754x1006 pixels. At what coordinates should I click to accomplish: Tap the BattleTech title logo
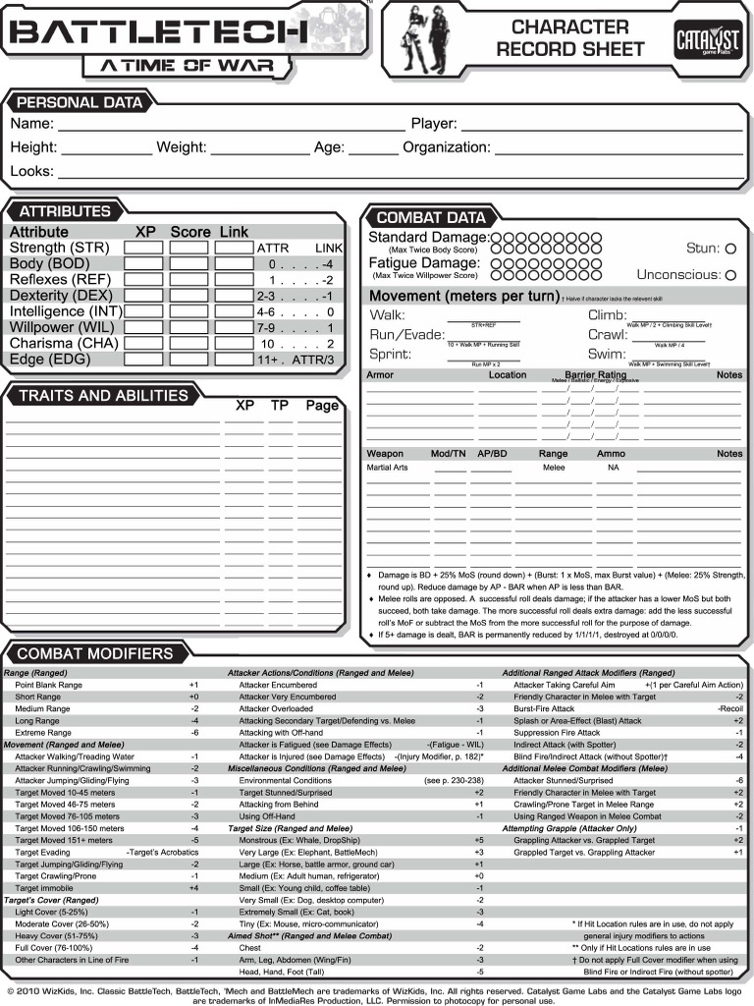(167, 34)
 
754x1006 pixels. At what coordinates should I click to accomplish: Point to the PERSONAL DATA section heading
(80, 102)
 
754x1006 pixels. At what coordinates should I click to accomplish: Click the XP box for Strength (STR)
(143, 249)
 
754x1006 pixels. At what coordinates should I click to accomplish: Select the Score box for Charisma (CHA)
(188, 344)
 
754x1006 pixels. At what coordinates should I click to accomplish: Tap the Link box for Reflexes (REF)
(234, 280)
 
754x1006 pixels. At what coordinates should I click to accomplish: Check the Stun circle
(729, 250)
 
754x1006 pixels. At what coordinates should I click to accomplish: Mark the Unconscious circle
(729, 276)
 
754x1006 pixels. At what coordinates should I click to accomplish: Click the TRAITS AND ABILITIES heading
(102, 396)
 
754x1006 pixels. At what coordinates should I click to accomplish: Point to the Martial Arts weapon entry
(387, 468)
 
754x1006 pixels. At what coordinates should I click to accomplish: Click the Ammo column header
(611, 454)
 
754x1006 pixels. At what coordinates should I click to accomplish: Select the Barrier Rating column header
(595, 375)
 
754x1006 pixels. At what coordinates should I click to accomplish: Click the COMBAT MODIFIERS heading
(94, 653)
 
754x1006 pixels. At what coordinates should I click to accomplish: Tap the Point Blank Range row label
(48, 684)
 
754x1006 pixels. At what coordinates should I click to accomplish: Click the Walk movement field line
(483, 317)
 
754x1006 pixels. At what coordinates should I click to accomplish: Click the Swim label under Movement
(607, 354)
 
